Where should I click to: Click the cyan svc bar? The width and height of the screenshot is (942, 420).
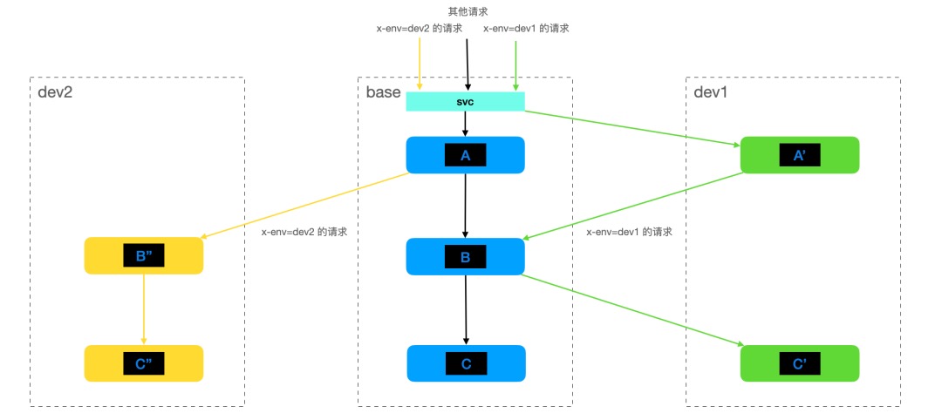pos(465,101)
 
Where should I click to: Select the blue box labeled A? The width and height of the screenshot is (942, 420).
pos(465,155)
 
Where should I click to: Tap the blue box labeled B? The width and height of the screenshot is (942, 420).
pos(465,256)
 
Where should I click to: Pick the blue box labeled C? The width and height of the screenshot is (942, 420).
pos(466,363)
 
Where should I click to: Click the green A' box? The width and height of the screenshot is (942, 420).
pos(800,155)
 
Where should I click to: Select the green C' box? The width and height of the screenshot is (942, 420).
pos(800,363)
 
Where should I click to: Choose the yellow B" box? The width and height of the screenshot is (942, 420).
pos(144,256)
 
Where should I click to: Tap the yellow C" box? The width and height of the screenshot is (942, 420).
pos(144,363)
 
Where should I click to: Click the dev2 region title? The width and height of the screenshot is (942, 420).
pos(55,91)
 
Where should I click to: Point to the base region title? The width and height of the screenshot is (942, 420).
pos(383,91)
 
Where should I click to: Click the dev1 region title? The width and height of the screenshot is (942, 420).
pos(711,91)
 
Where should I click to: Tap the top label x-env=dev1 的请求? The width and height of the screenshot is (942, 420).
pos(525,28)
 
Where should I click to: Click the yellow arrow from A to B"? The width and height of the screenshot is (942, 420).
pos(305,206)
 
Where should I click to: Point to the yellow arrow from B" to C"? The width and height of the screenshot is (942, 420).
pos(144,309)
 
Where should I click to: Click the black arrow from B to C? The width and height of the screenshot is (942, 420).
pos(466,309)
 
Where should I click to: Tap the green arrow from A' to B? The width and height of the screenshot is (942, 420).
pos(632,206)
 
